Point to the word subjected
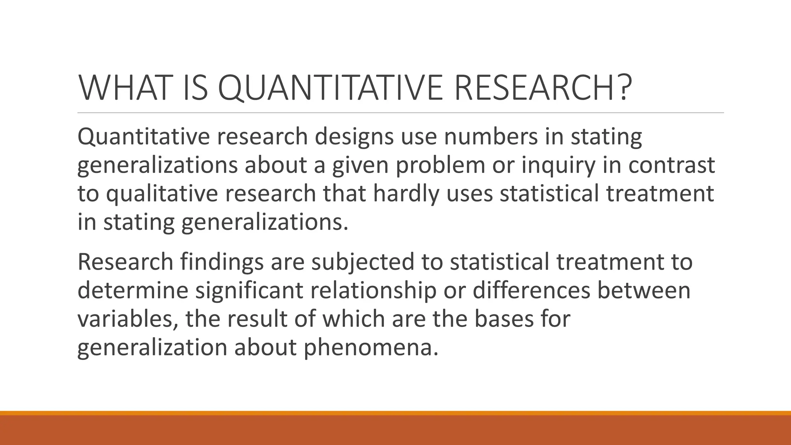click(x=363, y=262)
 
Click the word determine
click(x=133, y=290)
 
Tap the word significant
click(x=249, y=290)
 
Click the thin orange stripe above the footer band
click(x=395, y=413)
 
